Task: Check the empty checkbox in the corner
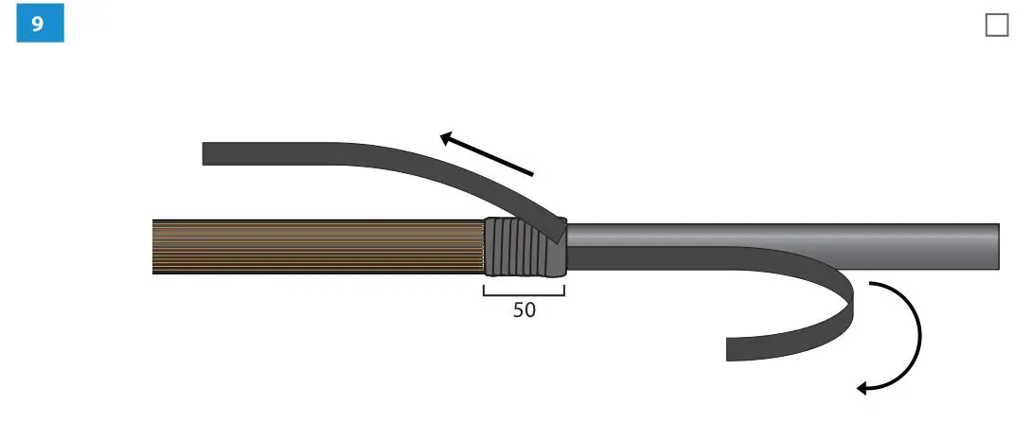[997, 26]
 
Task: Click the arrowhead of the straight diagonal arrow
[446, 137]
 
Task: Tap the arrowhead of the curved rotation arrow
[863, 387]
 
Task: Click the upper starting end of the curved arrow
[871, 285]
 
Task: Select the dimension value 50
[524, 310]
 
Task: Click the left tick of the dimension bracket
[484, 290]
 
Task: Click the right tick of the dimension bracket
[564, 290]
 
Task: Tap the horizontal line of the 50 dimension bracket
[524, 295]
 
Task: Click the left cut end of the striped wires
[154, 247]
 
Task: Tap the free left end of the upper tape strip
[205, 153]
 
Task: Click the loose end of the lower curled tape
[730, 348]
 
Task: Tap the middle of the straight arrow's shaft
[488, 155]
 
